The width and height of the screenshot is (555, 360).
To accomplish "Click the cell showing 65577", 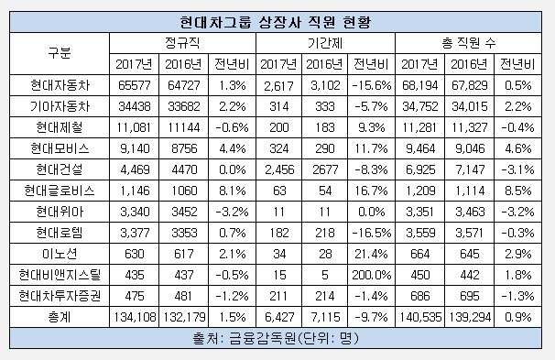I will click(133, 85).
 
